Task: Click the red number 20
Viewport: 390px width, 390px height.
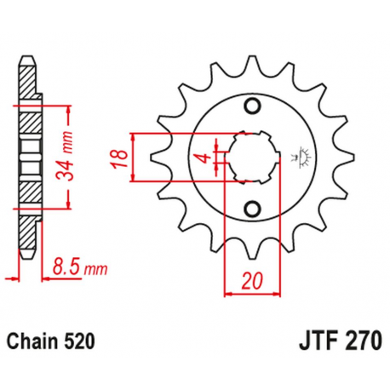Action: (249, 278)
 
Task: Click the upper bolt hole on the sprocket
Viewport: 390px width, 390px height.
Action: (251, 106)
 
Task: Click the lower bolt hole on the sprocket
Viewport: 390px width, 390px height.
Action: (251, 208)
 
